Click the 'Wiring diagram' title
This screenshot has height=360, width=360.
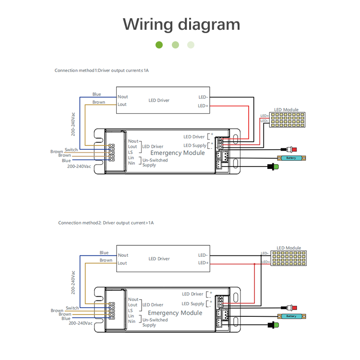[181, 24]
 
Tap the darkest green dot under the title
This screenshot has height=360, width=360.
[159, 45]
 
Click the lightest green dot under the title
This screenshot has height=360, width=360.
[191, 45]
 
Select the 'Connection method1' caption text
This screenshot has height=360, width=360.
[102, 71]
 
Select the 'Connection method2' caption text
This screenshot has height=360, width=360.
[106, 223]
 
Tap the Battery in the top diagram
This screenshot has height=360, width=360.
[291, 158]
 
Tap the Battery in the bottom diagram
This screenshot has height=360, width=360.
[291, 316]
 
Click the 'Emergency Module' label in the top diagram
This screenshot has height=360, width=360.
[178, 153]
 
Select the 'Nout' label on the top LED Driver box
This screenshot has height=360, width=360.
[123, 97]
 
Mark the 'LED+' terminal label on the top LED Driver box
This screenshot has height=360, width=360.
[203, 106]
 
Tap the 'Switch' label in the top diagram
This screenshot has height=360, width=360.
[71, 150]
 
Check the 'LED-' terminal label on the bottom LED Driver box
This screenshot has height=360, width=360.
[203, 255]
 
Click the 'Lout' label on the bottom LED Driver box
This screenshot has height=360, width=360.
[122, 263]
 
